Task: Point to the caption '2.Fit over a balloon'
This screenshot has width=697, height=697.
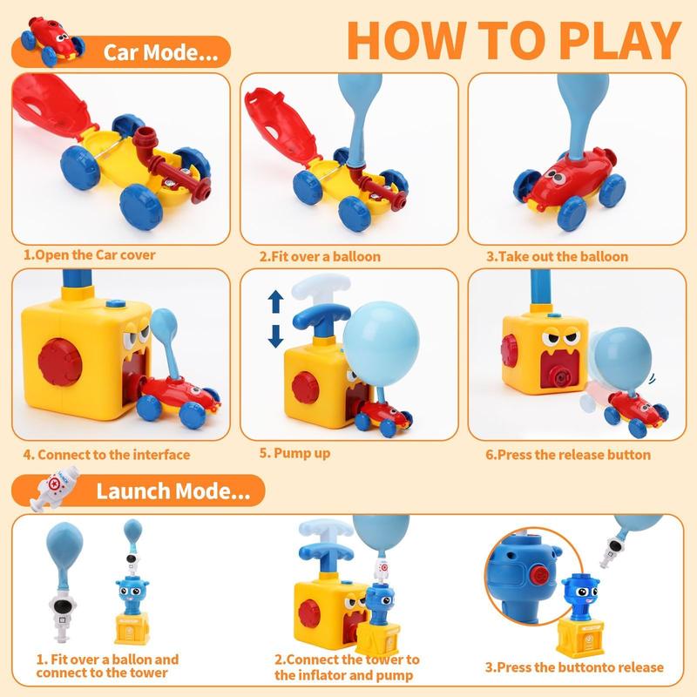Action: click(x=320, y=257)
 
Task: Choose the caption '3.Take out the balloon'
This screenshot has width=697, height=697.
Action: click(x=557, y=256)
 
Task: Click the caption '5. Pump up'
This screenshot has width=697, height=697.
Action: click(x=295, y=453)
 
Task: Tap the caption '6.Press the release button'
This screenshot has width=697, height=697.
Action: click(x=568, y=454)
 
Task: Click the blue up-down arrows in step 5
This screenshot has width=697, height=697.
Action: click(x=275, y=319)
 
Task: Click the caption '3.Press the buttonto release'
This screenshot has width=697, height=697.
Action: click(x=574, y=667)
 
